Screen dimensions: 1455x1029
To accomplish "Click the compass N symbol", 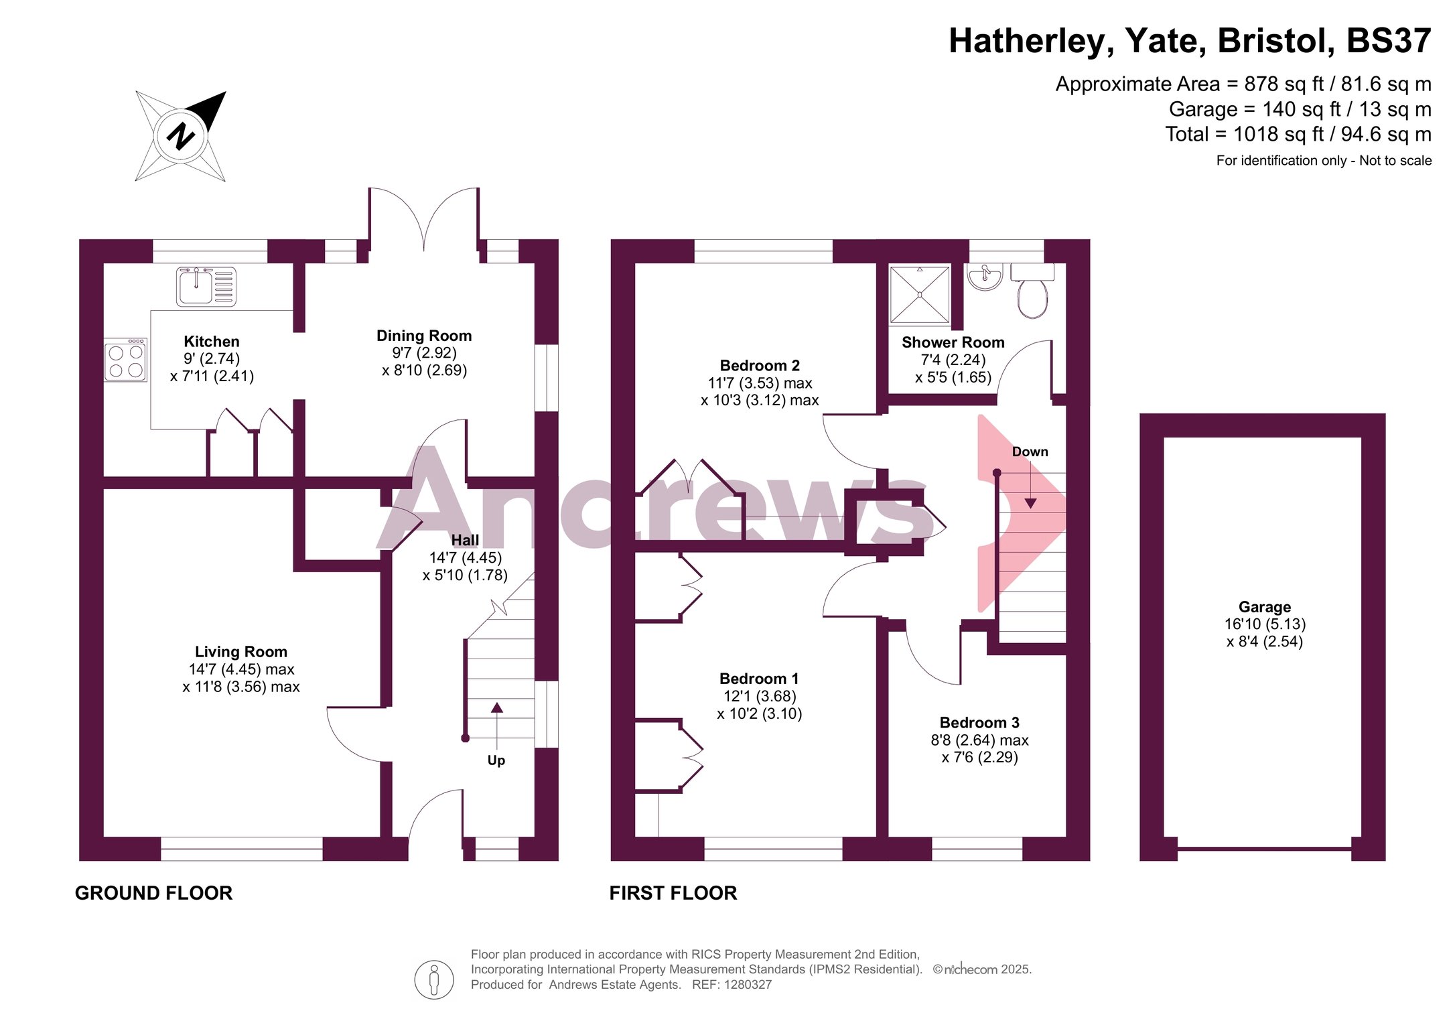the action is point(180,136).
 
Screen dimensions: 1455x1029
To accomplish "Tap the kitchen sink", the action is point(206,287).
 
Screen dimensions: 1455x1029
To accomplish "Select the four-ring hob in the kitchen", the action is point(125,360).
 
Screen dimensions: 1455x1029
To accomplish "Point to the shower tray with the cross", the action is point(920,295).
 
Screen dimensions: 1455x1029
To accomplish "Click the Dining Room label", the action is point(424,336).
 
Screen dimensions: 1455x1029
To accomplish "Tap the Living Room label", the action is point(241,652).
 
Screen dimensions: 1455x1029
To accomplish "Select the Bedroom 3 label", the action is point(979,723).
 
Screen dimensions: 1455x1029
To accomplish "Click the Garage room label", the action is point(1265,607).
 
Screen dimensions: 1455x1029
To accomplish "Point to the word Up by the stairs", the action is point(496,760).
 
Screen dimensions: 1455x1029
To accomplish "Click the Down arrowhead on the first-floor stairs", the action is point(1030,503).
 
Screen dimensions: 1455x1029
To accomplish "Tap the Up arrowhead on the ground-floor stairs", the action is point(496,707).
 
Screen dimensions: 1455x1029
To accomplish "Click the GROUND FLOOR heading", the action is point(153,893).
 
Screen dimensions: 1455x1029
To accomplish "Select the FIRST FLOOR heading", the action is point(673,893).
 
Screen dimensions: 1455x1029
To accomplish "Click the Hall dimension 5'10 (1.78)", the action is point(465,575).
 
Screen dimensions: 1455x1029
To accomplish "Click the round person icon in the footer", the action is point(434,979).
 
